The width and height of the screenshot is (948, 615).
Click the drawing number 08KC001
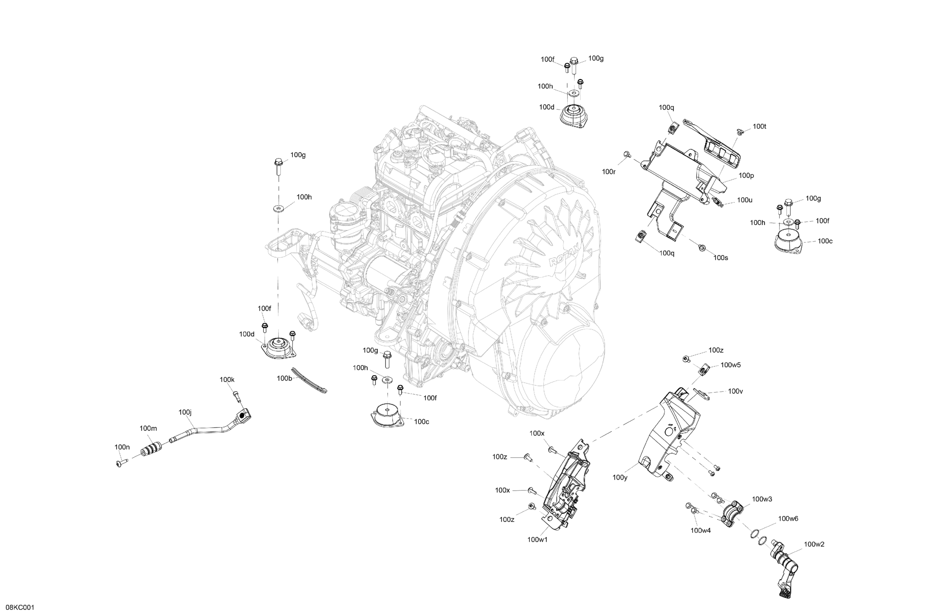tap(20, 607)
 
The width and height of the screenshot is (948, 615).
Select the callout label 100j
tap(185, 412)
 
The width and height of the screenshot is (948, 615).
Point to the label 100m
tap(148, 428)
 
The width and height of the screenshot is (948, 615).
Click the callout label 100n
tap(122, 447)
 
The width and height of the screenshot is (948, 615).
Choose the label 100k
tap(227, 380)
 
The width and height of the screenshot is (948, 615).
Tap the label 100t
tap(760, 127)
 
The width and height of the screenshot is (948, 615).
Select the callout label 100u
tap(744, 200)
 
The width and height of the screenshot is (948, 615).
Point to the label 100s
tap(721, 258)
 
